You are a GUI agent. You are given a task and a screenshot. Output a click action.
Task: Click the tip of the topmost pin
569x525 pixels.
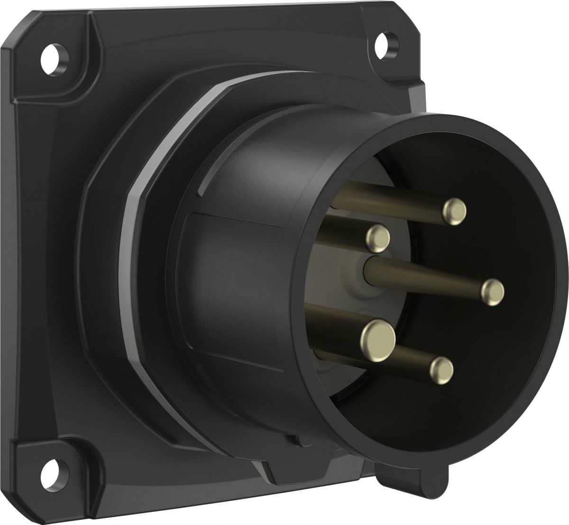[455, 211]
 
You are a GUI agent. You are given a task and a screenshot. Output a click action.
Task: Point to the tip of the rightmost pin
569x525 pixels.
[493, 291]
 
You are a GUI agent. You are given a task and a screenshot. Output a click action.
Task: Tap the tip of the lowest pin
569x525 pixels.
[441, 368]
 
